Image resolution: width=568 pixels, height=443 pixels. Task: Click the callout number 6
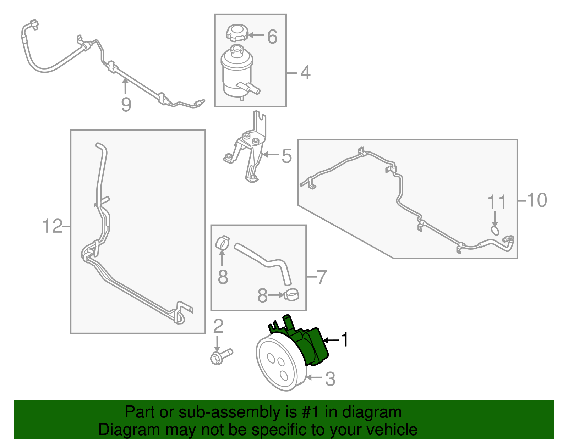tap(272, 37)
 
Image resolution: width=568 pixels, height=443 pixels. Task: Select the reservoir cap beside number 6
tap(236, 33)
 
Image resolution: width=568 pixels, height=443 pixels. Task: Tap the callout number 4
tap(306, 72)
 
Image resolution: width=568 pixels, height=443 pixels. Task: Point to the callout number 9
tap(126, 104)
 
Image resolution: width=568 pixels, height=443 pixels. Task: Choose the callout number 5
tap(286, 156)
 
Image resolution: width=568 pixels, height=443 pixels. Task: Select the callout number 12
tap(53, 226)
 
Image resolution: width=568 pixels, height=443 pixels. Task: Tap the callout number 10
tap(537, 200)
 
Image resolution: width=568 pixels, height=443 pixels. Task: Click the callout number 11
tap(497, 202)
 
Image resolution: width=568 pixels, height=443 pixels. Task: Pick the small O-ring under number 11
tap(495, 231)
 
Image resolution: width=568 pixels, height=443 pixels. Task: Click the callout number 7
tap(321, 277)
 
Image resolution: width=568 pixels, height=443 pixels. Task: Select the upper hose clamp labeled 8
tap(223, 243)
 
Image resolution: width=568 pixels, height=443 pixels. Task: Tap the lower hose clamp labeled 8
tap(291, 295)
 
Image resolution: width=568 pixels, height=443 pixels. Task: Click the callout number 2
tap(218, 326)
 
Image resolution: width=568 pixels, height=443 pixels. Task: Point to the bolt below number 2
tap(221, 356)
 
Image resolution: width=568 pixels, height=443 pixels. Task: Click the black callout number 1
tap(345, 340)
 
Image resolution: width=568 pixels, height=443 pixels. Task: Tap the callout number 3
tap(330, 379)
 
